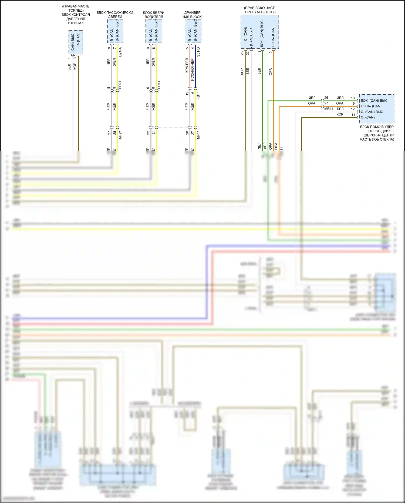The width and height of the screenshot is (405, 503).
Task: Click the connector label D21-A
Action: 120,52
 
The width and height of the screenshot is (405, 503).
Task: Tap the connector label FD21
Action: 120,85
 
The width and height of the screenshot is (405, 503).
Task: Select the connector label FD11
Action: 159,85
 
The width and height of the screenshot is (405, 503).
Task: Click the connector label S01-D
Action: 198,52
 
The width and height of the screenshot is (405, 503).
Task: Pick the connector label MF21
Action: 120,135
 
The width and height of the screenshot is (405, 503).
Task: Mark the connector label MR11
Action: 329,109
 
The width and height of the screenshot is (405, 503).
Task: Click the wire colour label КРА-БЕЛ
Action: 187,65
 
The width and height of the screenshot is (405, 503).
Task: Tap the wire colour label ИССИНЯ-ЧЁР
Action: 193,70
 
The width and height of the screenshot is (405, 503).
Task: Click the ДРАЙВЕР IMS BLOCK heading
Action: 193,15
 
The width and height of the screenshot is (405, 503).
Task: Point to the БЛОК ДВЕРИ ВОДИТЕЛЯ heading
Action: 154,15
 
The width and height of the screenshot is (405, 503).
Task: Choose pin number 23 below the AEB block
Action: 242,53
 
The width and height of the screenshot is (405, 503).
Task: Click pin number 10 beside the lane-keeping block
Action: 353,98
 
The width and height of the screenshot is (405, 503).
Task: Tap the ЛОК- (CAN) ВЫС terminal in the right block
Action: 374,101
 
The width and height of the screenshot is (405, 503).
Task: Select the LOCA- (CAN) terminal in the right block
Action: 371,106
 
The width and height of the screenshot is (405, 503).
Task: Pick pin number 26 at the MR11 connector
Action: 326,98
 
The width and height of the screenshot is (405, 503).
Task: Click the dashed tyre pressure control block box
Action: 76,42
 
